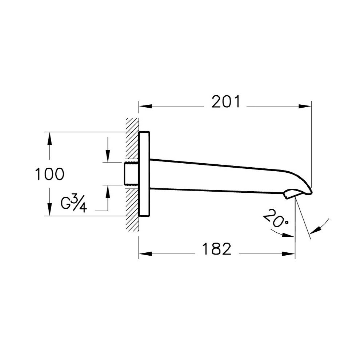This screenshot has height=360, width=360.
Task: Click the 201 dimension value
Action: coord(226,102)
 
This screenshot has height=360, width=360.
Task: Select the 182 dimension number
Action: coord(217,249)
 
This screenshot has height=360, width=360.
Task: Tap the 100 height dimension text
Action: coord(49,174)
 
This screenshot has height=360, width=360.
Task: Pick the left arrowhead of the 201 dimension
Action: coord(145,106)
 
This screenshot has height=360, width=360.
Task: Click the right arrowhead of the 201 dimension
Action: coord(305,106)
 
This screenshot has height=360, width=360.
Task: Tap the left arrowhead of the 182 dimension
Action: coord(145,254)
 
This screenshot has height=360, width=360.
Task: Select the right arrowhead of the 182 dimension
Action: coord(288,254)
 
